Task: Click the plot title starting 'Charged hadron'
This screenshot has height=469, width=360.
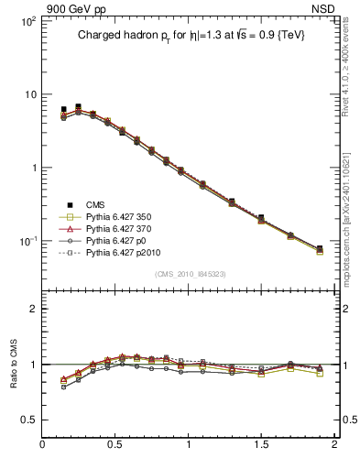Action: click(x=190, y=35)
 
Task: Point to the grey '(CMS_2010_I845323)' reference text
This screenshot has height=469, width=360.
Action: click(x=190, y=274)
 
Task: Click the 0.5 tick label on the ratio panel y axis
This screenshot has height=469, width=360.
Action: click(x=28, y=420)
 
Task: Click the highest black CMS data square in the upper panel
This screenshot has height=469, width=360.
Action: click(x=78, y=107)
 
